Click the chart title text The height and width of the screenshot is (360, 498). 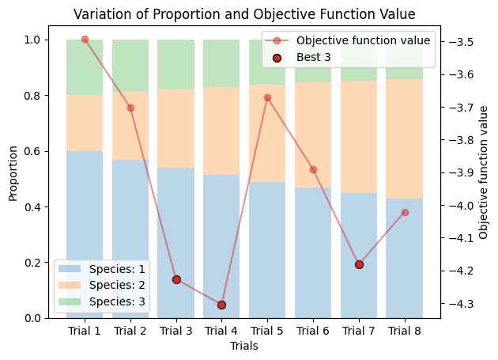pos(244,13)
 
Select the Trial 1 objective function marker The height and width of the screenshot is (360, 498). pos(85,39)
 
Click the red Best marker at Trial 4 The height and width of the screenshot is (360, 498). pos(221,305)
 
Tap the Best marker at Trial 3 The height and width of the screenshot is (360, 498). pos(176,279)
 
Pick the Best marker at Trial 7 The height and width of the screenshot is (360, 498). pos(359,264)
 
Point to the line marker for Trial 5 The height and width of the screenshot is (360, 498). pos(267,97)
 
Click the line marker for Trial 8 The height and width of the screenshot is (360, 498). pos(405,212)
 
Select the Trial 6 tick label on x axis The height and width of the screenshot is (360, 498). pos(313,332)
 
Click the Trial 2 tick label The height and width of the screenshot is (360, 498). pos(130,332)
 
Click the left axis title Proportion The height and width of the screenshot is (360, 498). pos(13,172)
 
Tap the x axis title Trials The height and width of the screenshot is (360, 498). pos(244,346)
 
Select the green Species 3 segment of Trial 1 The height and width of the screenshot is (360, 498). pos(85,67)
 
